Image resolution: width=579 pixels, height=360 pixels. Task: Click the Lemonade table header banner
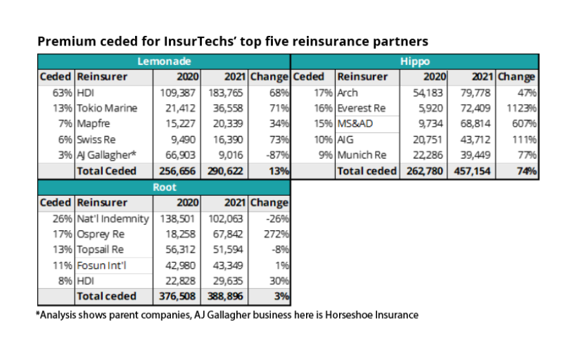pos(163,61)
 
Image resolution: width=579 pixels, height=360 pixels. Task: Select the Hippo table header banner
pos(415,61)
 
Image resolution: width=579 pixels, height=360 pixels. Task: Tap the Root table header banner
pos(163,187)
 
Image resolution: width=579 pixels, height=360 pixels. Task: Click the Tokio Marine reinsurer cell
pos(108,108)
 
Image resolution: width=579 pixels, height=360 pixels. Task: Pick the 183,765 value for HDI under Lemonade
pos(225,92)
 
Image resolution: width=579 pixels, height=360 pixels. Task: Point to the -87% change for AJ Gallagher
pos(274,155)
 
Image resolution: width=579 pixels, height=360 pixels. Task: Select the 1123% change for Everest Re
pos(522,108)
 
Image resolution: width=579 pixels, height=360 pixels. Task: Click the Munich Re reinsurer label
pos(362,155)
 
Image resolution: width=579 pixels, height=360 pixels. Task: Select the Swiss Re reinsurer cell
pos(97,139)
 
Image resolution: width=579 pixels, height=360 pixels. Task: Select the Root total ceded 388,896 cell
pos(224,297)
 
